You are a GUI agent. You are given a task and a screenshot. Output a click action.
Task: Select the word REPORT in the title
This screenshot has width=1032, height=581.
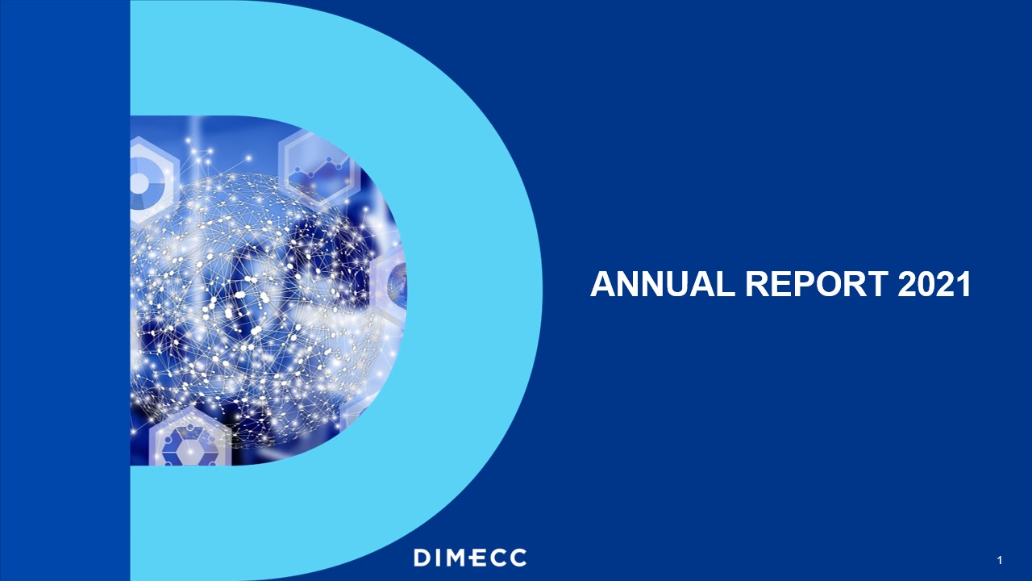click(x=817, y=284)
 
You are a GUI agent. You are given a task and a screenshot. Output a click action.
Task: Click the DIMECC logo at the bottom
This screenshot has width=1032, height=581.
click(x=470, y=558)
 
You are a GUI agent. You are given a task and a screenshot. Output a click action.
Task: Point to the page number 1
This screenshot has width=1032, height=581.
click(x=999, y=561)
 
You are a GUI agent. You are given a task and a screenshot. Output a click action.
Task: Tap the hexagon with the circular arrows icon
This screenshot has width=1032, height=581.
click(x=189, y=437)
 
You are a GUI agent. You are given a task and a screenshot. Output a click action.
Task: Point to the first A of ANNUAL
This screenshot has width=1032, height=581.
click(x=602, y=284)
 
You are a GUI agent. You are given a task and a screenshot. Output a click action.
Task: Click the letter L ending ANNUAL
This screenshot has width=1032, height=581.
click(x=727, y=284)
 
